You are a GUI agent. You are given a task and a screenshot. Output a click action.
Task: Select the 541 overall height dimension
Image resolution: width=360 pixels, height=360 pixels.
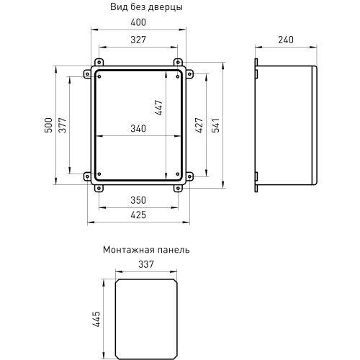pyautogui.click(x=215, y=127)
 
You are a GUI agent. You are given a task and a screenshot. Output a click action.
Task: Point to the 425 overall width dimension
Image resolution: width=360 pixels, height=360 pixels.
pyautogui.click(x=137, y=215)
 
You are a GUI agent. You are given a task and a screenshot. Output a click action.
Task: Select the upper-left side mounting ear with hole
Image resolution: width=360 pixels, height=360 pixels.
pyautogui.click(x=89, y=73)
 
